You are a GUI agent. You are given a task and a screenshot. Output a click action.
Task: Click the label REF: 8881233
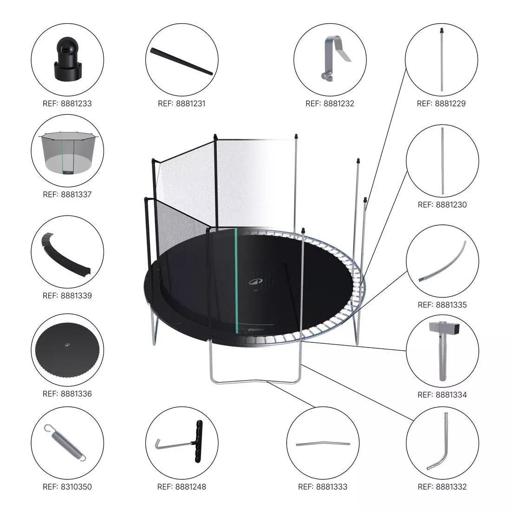click(x=67, y=103)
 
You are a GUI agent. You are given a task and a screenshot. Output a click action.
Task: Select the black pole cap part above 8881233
click(x=67, y=59)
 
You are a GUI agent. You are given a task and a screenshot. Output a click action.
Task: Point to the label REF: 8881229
click(x=441, y=103)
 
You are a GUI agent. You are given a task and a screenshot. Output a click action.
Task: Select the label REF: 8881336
click(x=67, y=393)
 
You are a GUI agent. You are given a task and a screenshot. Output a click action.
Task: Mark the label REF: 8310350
click(x=67, y=487)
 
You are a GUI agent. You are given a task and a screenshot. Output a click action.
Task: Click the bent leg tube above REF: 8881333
click(x=322, y=444)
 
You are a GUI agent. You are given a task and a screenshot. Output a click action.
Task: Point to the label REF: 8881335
click(x=442, y=305)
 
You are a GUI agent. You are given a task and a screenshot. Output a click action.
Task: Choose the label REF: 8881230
click(x=442, y=204)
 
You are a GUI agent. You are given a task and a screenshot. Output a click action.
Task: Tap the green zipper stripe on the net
click(x=236, y=279)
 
